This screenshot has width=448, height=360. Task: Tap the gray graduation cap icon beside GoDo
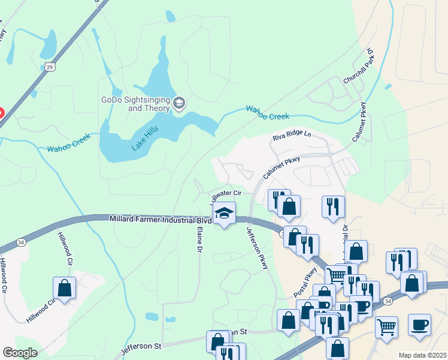click(178, 104)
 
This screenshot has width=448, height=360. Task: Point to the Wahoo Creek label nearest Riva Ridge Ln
click(267, 112)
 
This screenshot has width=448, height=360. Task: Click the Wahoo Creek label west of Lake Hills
click(69, 142)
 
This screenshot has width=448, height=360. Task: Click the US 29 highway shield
click(49, 65)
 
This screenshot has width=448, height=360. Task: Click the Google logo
click(20, 353)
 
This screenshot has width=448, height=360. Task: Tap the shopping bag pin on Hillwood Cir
click(65, 288)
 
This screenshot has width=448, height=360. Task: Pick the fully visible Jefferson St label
click(142, 346)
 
